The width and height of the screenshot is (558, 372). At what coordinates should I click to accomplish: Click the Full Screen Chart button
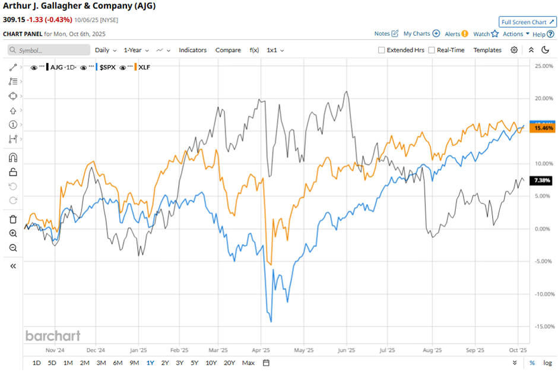[527, 22]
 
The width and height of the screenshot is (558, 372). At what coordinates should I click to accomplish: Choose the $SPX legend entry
[107, 68]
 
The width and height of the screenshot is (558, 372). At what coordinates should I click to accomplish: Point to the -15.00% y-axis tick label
[544, 326]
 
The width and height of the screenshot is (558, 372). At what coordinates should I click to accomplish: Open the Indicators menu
[192, 50]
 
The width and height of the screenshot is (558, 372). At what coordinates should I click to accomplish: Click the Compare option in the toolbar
[228, 50]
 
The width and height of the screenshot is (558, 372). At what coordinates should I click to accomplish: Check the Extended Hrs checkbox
[382, 50]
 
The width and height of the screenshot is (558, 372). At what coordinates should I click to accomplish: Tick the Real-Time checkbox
[432, 50]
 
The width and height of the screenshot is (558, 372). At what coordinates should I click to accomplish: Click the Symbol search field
[50, 50]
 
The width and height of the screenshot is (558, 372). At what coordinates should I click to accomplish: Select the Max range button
[248, 363]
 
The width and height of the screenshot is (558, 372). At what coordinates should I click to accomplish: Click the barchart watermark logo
[53, 336]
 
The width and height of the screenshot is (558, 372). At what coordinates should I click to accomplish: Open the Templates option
[487, 50]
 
